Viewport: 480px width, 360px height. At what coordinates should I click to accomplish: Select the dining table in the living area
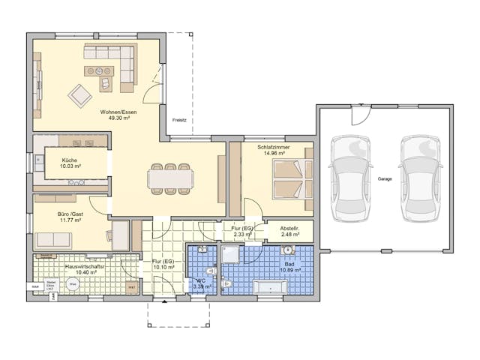170,178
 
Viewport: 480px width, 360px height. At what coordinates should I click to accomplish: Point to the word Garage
384,179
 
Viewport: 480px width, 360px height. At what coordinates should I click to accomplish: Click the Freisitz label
178,120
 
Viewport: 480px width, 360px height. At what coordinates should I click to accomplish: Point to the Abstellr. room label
289,229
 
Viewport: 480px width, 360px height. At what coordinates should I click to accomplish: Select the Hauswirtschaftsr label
85,265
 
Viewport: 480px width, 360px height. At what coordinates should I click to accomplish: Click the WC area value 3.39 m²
202,286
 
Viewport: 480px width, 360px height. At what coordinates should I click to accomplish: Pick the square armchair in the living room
79,96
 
